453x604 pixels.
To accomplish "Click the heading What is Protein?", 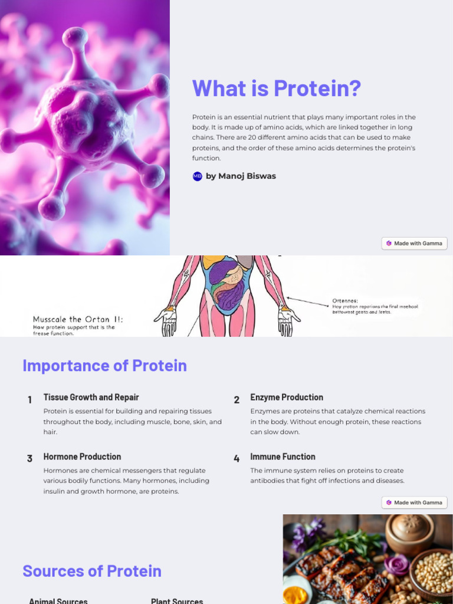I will coord(276,88).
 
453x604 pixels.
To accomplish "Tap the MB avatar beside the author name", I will coord(198,176).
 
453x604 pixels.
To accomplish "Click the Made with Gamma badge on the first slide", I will coord(414,243).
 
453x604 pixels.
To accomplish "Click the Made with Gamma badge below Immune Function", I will coord(414,503).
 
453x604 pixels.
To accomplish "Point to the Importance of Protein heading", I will coord(104,366).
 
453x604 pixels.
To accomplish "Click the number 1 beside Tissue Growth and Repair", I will coord(29,400).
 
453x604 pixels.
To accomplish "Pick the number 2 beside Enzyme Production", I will coord(237,400).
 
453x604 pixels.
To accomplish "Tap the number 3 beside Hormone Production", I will coord(29,458).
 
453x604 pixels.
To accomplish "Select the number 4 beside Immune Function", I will coord(237,458).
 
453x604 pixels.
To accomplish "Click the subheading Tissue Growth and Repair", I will coord(91,397).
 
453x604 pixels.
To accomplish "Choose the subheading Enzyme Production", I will coord(287,397).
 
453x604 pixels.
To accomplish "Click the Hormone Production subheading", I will coord(82,457).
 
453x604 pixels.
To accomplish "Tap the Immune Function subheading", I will coord(283,457).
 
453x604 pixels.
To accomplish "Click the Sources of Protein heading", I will coord(92,571).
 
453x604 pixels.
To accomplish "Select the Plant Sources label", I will coord(177,600).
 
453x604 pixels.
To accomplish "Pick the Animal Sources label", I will coord(58,600).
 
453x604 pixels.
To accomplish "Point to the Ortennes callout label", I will coord(345,300).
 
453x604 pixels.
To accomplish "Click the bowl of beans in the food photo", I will coord(432,572).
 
